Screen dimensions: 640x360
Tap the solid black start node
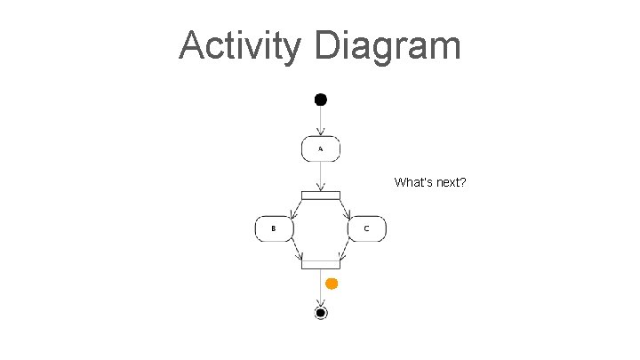pyautogui.click(x=321, y=99)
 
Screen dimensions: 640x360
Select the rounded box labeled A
pyautogui.click(x=321, y=149)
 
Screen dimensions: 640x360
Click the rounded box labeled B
pyautogui.click(x=275, y=228)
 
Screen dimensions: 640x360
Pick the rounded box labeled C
pyautogui.click(x=367, y=228)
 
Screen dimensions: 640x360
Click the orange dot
pyautogui.click(x=332, y=284)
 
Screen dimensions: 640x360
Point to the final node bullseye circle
pyautogui.click(x=321, y=313)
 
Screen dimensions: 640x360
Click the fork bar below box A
pyautogui.click(x=321, y=196)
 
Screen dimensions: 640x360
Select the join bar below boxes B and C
pyautogui.click(x=321, y=263)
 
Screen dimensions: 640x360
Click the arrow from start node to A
pyautogui.click(x=321, y=121)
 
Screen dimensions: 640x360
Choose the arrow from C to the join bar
pyautogui.click(x=346, y=251)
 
